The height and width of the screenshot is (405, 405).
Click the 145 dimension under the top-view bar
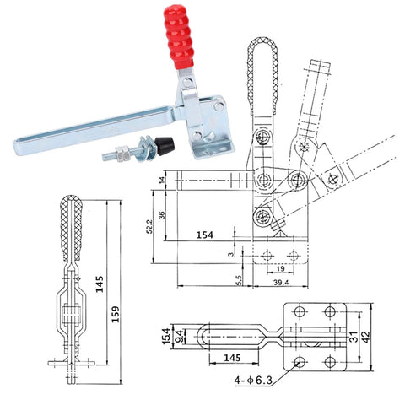232,358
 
